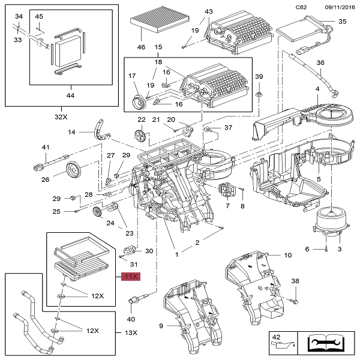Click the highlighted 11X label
pos(131,277)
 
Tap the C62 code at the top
pos(302,7)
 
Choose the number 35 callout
pos(343,22)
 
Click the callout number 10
pos(288,255)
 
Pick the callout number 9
pos(161,326)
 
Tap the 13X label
pos(131,333)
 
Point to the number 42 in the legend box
pos(275,337)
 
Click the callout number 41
pos(44,148)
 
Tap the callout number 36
pos(320,63)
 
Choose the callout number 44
pos(71,95)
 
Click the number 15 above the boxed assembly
pos(158,47)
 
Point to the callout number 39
pos(259,77)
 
